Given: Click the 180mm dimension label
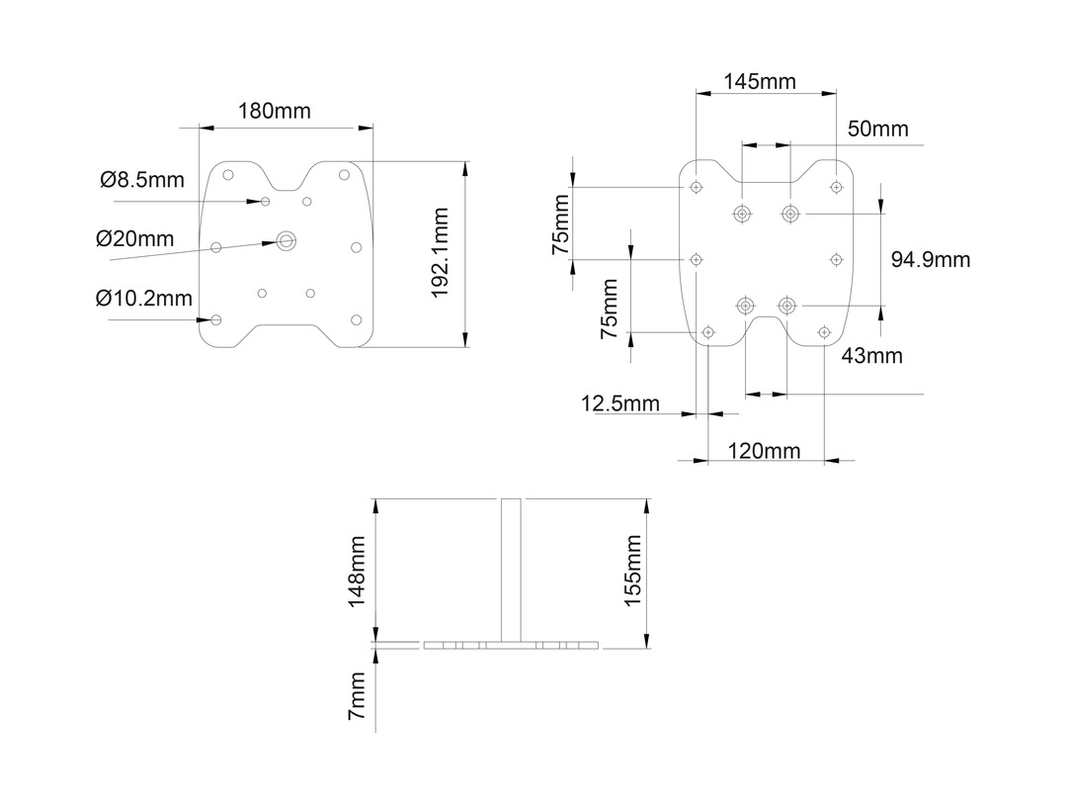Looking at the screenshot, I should click(x=274, y=111).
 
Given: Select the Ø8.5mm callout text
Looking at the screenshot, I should click(x=142, y=180).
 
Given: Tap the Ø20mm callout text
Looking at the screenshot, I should click(x=134, y=239).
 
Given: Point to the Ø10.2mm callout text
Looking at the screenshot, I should click(x=144, y=299).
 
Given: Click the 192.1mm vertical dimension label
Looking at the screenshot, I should click(x=441, y=253).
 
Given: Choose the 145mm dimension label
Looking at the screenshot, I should click(x=760, y=81).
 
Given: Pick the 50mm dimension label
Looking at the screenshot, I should click(x=878, y=130).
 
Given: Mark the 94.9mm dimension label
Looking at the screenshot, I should click(x=931, y=260).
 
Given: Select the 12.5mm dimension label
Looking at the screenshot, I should click(x=620, y=403).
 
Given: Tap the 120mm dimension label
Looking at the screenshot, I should click(x=764, y=452).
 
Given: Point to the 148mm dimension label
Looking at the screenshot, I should click(x=358, y=572).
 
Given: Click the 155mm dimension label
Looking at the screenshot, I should click(x=632, y=571).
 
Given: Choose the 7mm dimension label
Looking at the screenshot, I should click(x=358, y=695).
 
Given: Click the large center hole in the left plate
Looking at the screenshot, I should click(x=287, y=239).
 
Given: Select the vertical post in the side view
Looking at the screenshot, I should click(x=511, y=571).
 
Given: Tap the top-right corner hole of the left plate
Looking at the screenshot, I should click(x=344, y=175).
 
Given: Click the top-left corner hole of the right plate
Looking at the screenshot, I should click(x=697, y=187).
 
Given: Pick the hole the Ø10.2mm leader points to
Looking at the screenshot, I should click(x=216, y=318).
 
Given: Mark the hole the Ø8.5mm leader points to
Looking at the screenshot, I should click(x=266, y=201).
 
